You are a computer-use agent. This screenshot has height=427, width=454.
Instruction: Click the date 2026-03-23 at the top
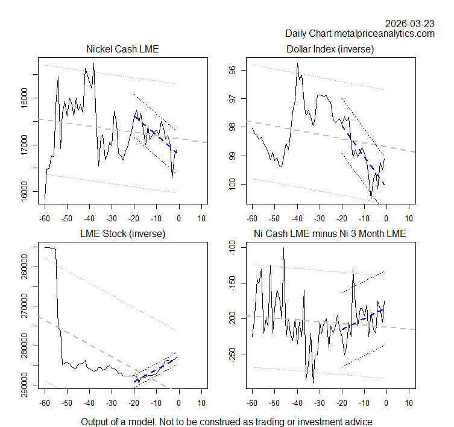click(410, 23)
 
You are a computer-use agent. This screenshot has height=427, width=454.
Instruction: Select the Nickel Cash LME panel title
click(122, 49)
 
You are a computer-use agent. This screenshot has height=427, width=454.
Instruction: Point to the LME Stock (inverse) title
click(122, 233)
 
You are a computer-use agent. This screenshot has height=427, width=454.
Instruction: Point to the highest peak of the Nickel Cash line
click(93, 63)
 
